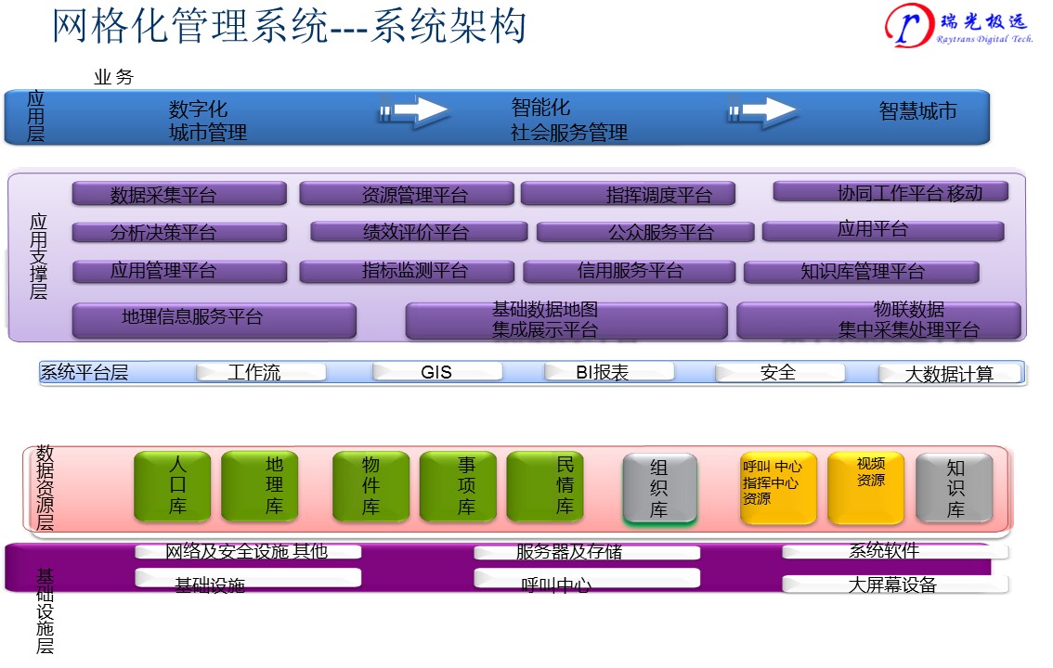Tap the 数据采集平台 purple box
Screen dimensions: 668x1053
click(179, 194)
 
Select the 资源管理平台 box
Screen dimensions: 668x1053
click(406, 194)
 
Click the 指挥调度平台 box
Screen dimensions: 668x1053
click(628, 194)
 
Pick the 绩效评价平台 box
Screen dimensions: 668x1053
click(418, 232)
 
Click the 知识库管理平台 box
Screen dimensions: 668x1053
click(861, 272)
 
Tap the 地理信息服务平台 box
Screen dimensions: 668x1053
click(214, 319)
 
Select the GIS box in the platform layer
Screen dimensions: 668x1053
click(436, 372)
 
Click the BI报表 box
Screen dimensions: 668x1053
click(608, 372)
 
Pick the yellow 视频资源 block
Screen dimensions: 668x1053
click(865, 487)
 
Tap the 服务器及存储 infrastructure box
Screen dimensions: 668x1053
click(586, 552)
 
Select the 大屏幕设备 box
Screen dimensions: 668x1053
click(894, 584)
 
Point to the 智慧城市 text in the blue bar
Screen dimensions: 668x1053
click(917, 111)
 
